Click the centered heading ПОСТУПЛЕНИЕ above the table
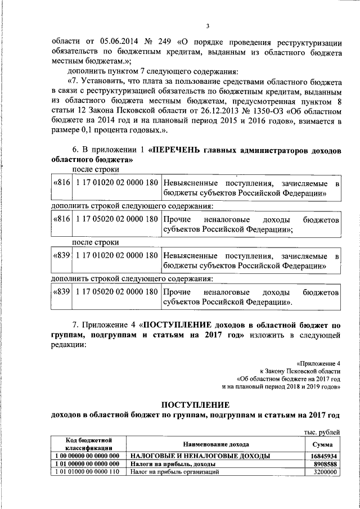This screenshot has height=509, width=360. (195, 404)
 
